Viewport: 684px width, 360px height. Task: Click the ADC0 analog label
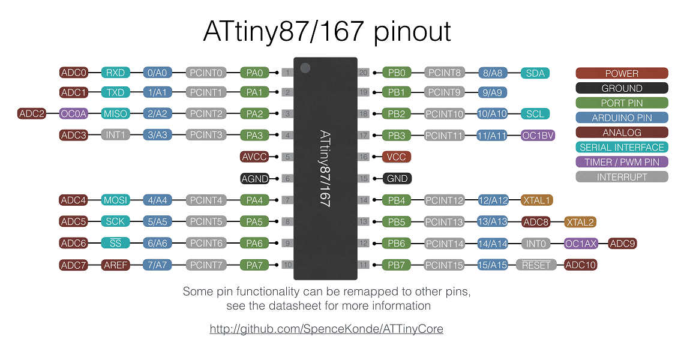coord(74,73)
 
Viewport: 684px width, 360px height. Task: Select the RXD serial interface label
coord(115,73)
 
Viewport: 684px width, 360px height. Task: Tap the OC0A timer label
coord(74,113)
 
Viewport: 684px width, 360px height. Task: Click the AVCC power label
coord(254,157)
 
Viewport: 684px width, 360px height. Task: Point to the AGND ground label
coord(254,178)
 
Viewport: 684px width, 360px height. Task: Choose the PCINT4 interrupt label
coord(206,200)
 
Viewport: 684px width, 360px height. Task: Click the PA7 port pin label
coord(254,265)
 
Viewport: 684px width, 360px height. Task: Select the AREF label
coord(115,265)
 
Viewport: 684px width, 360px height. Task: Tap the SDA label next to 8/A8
coord(535,73)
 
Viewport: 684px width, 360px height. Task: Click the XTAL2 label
coord(580,221)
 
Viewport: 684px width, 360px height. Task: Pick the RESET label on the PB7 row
coord(536,265)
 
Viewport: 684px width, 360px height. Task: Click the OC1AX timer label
coord(580,243)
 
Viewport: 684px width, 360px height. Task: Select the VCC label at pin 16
coord(397,157)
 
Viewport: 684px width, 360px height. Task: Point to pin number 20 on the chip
coord(363,73)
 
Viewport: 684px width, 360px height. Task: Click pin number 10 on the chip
coord(287,265)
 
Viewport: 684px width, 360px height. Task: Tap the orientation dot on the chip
coord(305,68)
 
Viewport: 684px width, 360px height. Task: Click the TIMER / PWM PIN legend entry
coord(622,162)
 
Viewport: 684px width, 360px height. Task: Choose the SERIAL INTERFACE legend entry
coord(622,147)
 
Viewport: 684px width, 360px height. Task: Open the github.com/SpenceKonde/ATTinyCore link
coord(326,329)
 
